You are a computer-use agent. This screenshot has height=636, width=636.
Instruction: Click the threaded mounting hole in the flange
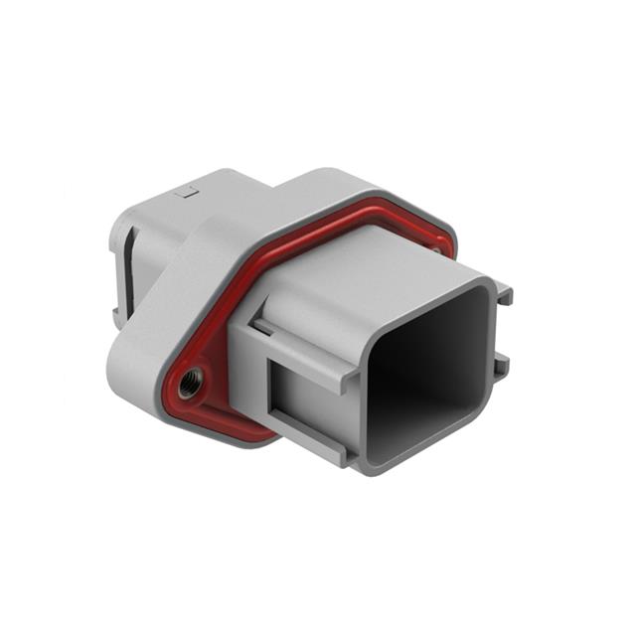point(189,379)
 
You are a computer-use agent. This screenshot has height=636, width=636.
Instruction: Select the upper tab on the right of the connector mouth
point(504,294)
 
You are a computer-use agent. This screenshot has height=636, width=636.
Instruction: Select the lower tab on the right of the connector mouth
point(502,365)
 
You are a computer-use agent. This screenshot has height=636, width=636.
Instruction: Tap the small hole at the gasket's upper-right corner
point(435,250)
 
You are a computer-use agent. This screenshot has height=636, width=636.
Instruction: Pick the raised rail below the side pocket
point(298,445)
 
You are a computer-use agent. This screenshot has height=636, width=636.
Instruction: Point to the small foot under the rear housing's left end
point(118,315)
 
